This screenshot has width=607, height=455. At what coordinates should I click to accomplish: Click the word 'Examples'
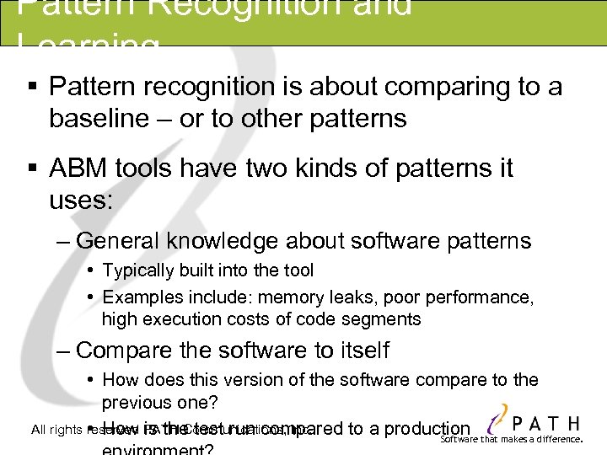(x=139, y=298)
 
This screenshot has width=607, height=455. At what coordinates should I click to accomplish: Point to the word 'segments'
(x=384, y=319)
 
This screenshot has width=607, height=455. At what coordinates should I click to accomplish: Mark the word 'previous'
(x=138, y=402)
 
